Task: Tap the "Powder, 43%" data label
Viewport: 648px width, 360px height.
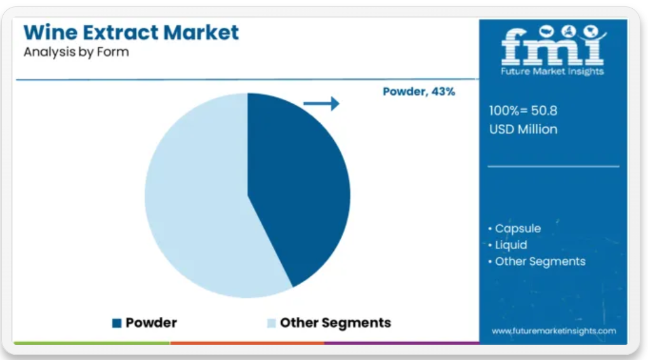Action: (419, 91)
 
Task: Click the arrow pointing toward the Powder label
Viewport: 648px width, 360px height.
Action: (321, 103)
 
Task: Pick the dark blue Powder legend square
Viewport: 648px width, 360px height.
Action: (117, 323)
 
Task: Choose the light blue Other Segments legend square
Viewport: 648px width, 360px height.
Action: (271, 323)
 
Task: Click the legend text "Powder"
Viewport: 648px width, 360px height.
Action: (151, 323)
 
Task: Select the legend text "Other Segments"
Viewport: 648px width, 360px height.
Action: (335, 323)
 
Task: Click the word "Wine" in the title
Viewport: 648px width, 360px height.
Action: (50, 32)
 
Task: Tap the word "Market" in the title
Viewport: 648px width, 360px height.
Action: (201, 32)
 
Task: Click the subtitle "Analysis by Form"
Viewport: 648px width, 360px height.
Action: (76, 52)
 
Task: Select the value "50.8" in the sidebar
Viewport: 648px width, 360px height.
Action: (544, 110)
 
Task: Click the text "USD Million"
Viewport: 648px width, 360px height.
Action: (523, 129)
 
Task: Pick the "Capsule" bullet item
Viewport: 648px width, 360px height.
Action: (518, 229)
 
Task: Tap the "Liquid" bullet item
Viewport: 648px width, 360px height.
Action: (511, 245)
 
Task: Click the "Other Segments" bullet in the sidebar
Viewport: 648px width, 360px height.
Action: (540, 261)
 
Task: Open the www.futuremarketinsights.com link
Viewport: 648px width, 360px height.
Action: (554, 331)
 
